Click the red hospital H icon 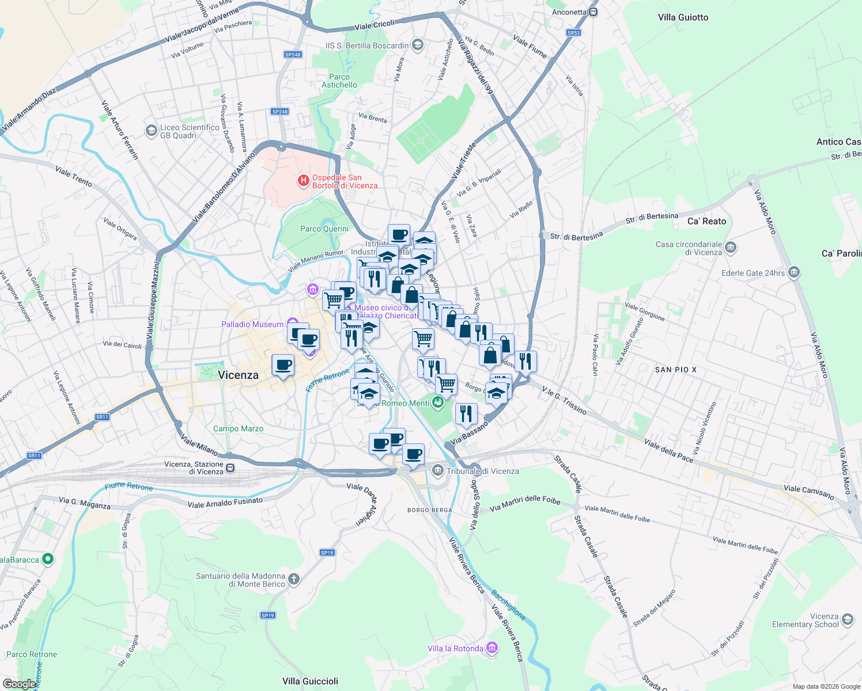(303, 181)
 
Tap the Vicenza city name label (238, 375)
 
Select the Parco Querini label (324, 229)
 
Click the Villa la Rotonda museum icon (492, 648)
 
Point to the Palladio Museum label (252, 324)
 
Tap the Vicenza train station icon (230, 468)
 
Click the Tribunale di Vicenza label (483, 471)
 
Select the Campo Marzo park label (238, 428)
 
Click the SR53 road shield (573, 33)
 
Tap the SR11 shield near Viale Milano (102, 417)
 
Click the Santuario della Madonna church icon (294, 579)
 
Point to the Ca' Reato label (706, 221)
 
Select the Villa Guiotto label (683, 17)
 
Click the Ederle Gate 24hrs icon (794, 272)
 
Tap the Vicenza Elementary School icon (847, 620)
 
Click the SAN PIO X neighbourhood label (675, 370)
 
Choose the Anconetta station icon (593, 12)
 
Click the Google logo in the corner (19, 684)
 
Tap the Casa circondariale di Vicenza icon (731, 248)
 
